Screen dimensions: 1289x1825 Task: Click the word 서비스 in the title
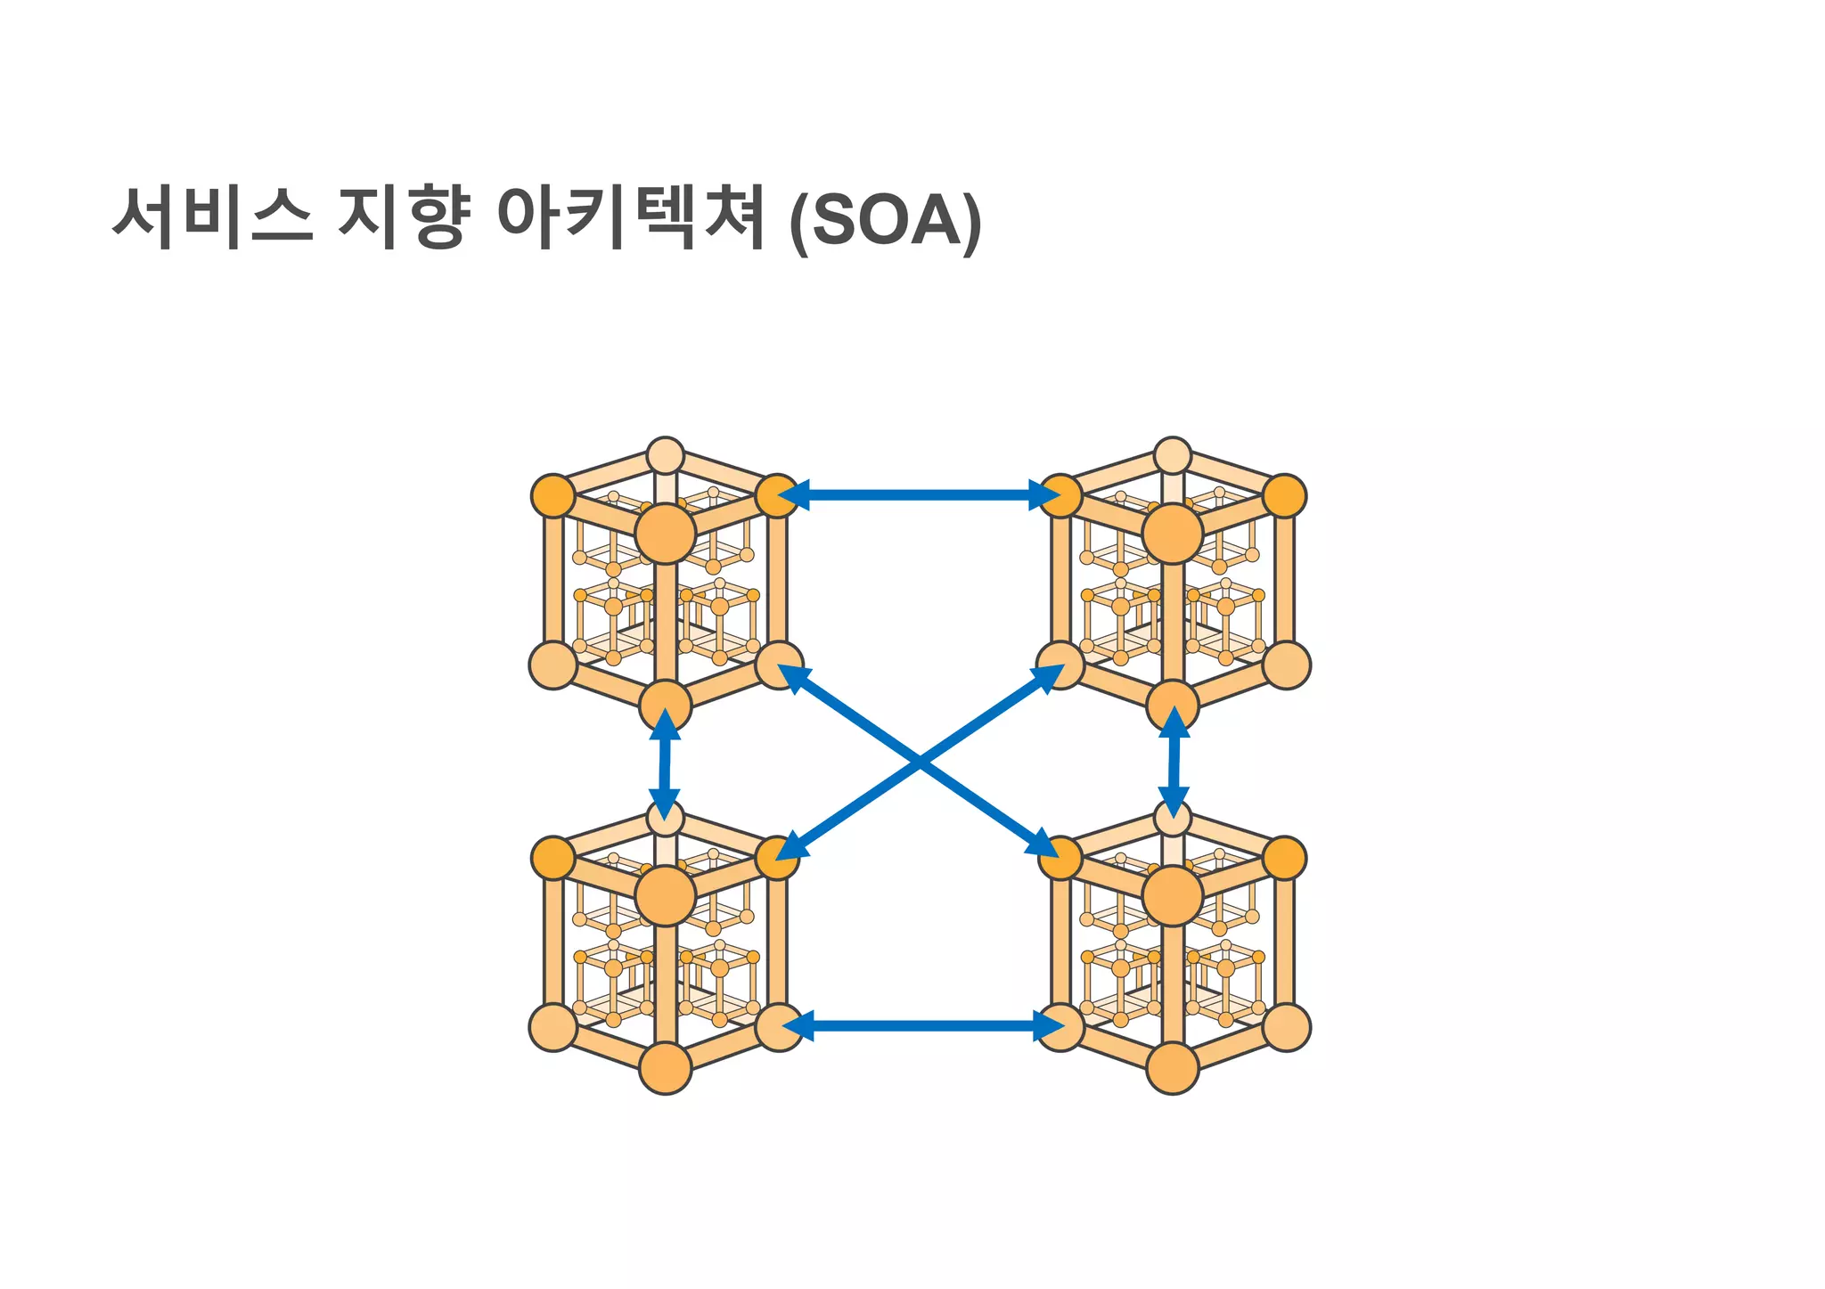point(212,218)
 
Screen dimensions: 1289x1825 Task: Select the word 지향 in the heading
point(402,218)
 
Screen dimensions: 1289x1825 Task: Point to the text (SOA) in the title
point(885,222)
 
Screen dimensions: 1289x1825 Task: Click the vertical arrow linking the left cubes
point(664,762)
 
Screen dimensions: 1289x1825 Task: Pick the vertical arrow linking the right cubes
point(1174,762)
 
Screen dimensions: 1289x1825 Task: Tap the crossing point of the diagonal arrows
point(920,763)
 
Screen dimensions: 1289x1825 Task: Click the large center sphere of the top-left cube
point(665,534)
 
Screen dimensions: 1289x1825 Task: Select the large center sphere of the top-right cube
point(1173,534)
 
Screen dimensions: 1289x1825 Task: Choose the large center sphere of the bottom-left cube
point(665,896)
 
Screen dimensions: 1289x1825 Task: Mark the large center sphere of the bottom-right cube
point(1173,896)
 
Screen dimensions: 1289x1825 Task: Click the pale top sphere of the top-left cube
point(665,456)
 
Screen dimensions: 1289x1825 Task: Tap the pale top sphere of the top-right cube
point(1173,456)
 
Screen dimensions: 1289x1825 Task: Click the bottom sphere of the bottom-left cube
point(665,1068)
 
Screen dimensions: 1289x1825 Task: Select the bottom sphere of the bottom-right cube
point(1173,1068)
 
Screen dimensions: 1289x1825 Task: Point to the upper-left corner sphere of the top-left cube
point(553,496)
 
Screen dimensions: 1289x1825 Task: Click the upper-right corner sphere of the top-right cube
point(1284,496)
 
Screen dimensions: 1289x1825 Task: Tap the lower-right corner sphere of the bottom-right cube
point(1286,1027)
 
